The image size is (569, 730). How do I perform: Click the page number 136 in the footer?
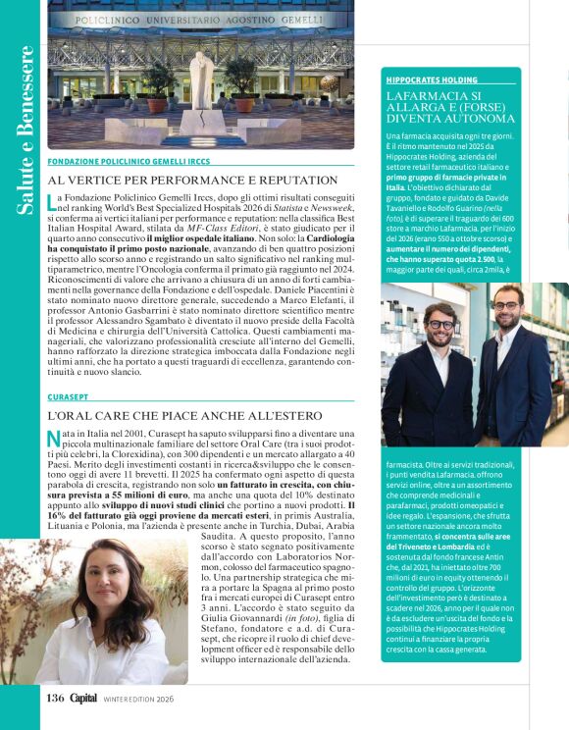pos(55,698)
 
